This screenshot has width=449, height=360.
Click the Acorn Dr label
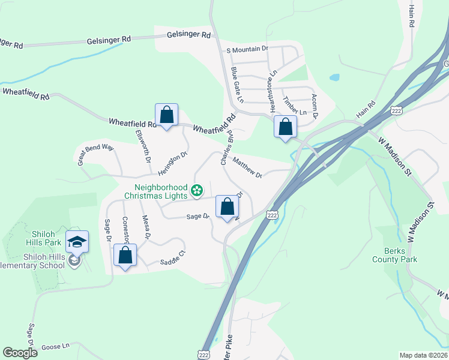pyautogui.click(x=313, y=105)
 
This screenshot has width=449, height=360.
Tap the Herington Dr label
pyautogui.click(x=173, y=161)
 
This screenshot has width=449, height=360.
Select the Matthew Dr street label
pyautogui.click(x=247, y=168)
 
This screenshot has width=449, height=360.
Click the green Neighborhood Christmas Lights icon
pyautogui.click(x=196, y=191)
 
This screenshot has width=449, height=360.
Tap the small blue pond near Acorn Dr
pyautogui.click(x=334, y=77)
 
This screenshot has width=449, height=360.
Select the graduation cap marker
pyautogui.click(x=77, y=242)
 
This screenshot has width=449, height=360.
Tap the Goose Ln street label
pyautogui.click(x=55, y=346)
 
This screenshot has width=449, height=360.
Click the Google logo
pyautogui.click(x=20, y=353)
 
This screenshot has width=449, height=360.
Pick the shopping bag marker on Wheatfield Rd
pyautogui.click(x=166, y=115)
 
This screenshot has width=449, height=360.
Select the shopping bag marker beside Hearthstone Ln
pyautogui.click(x=286, y=127)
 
